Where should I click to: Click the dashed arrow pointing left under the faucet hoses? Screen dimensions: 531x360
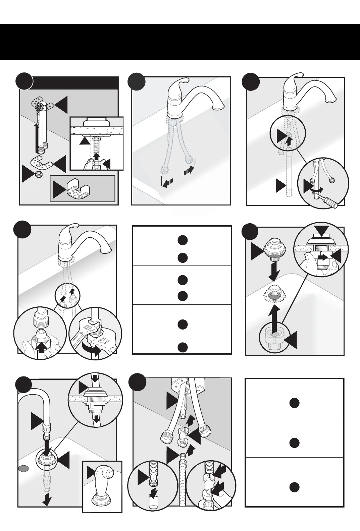coord(167,183)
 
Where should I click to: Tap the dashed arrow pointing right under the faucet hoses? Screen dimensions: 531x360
coord(189,171)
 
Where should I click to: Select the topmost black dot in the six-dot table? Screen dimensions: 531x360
coord(182,240)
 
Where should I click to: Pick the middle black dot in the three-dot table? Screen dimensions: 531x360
coord(294,442)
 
